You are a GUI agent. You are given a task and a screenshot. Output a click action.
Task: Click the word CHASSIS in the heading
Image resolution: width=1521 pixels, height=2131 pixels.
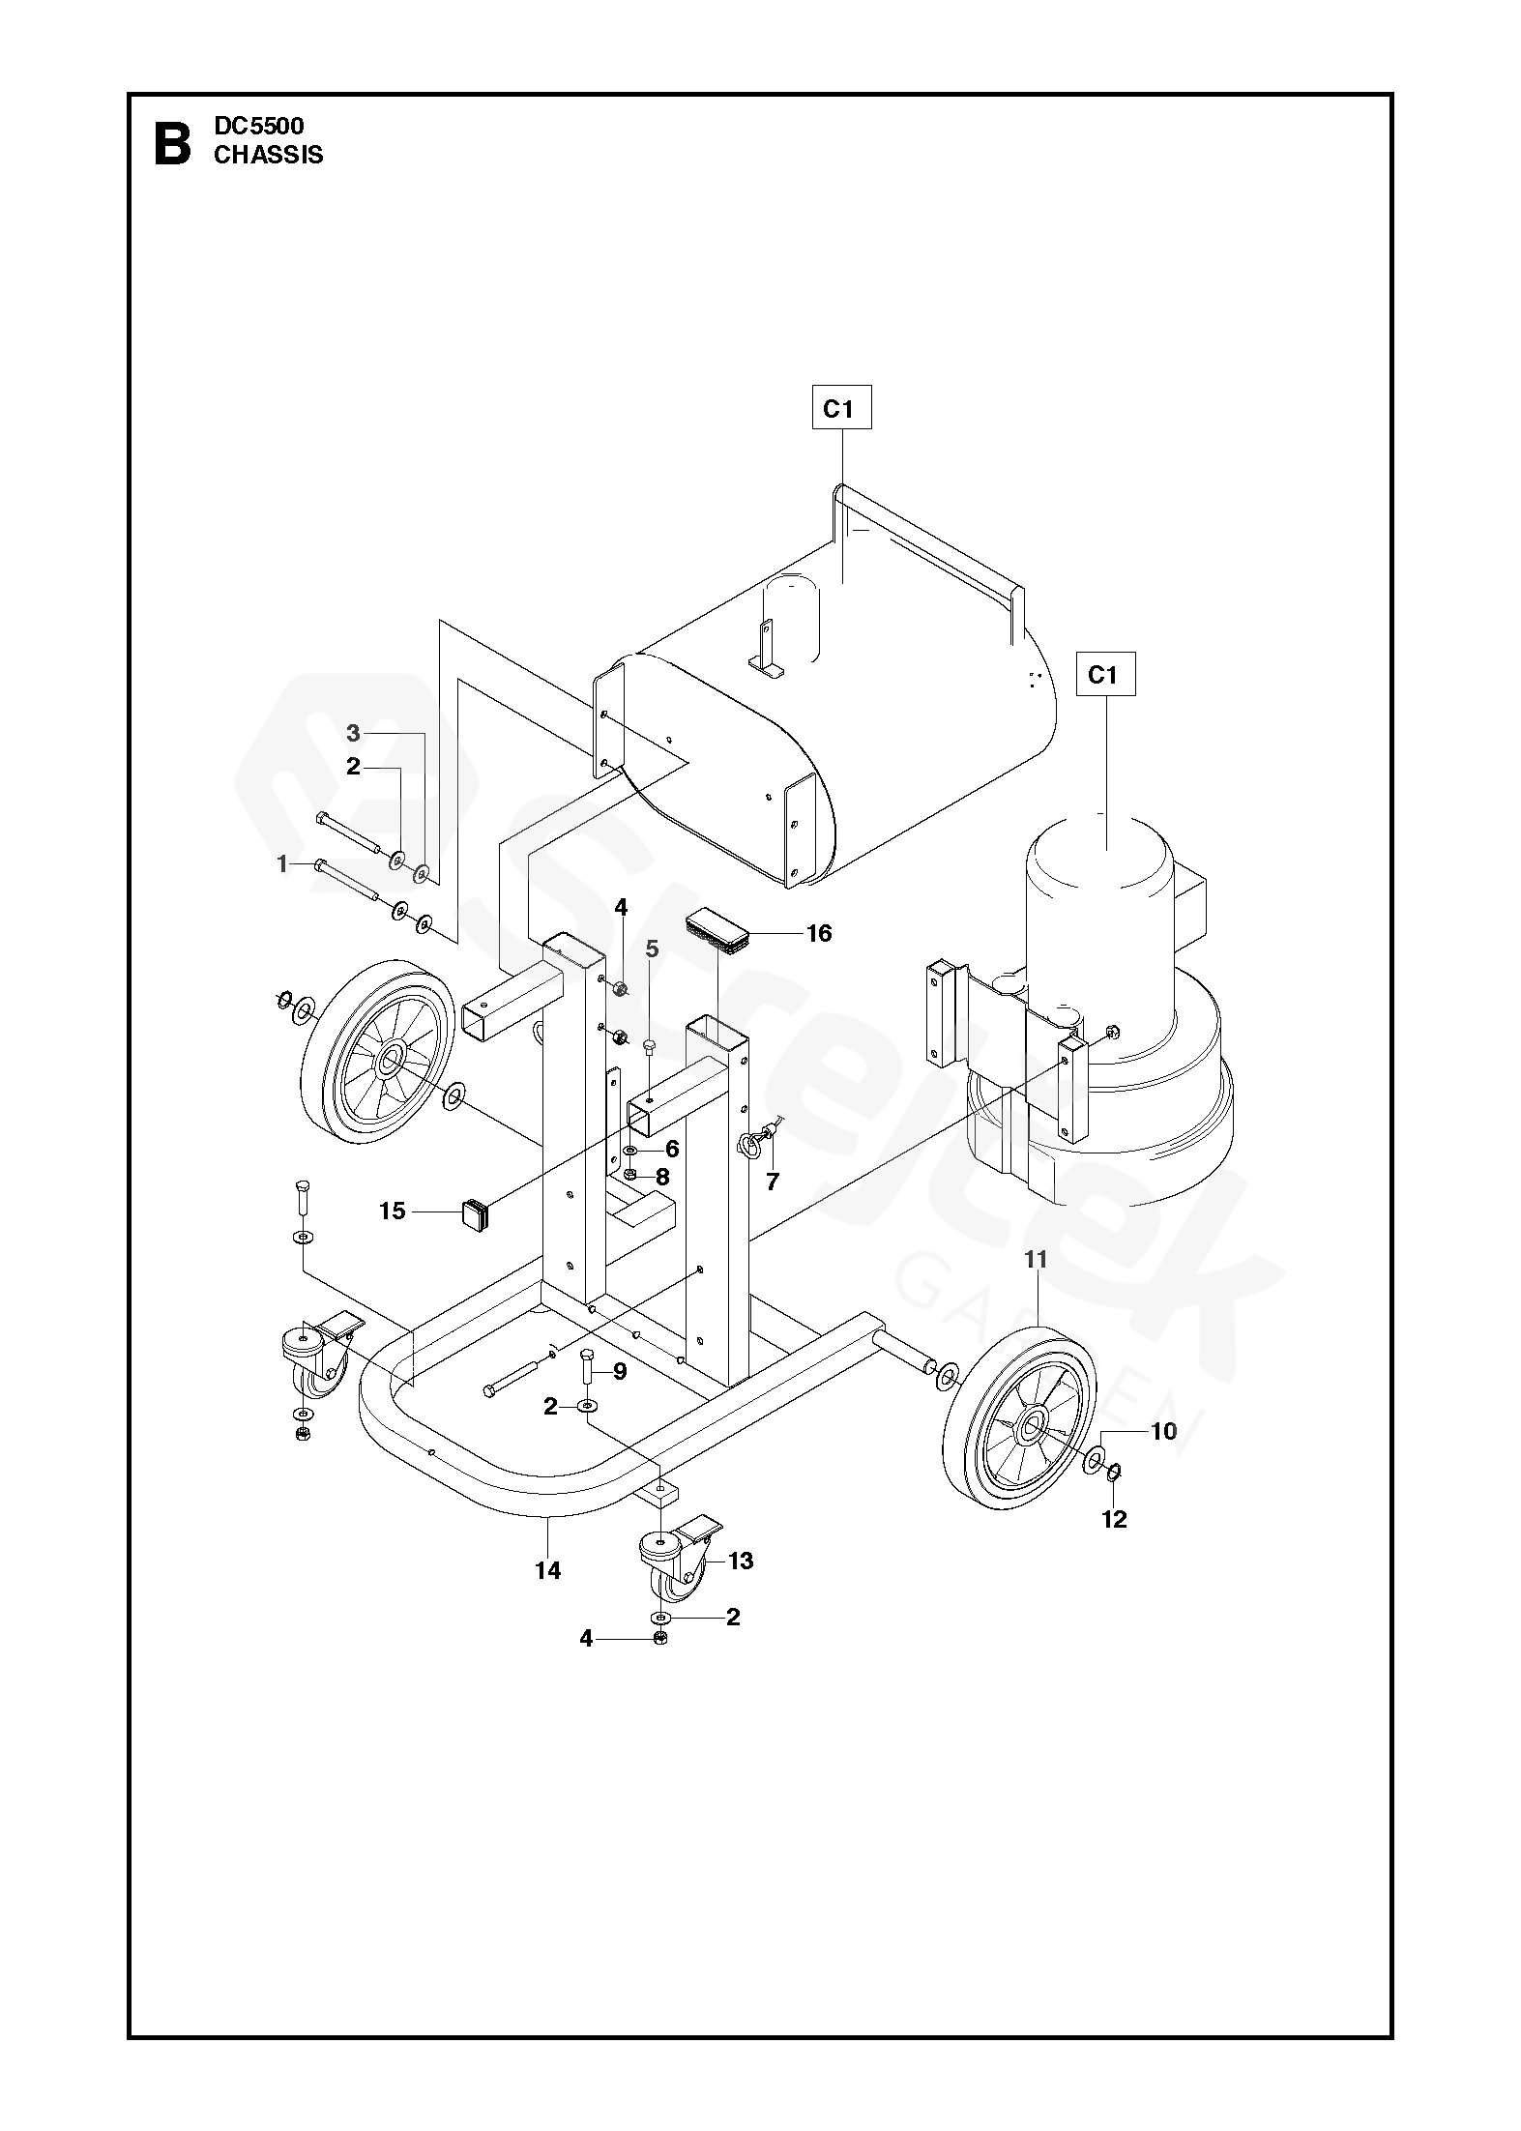coord(269,155)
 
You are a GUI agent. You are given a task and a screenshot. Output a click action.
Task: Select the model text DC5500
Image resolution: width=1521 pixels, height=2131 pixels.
coord(259,126)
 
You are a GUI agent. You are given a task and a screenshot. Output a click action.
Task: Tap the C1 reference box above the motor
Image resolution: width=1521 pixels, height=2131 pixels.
coord(1103,675)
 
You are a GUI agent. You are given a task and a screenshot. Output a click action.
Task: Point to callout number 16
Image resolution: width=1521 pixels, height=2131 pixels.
coord(819,933)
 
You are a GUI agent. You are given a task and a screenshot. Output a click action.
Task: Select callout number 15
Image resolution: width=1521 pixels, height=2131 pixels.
coord(393,1211)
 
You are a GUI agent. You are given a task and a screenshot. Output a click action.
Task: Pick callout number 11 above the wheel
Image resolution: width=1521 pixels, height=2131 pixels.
coord(1037,1259)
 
